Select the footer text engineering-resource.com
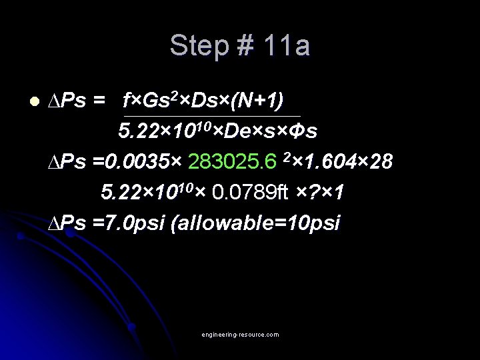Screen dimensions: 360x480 [241, 334]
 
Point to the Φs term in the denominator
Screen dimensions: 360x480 [303, 131]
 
